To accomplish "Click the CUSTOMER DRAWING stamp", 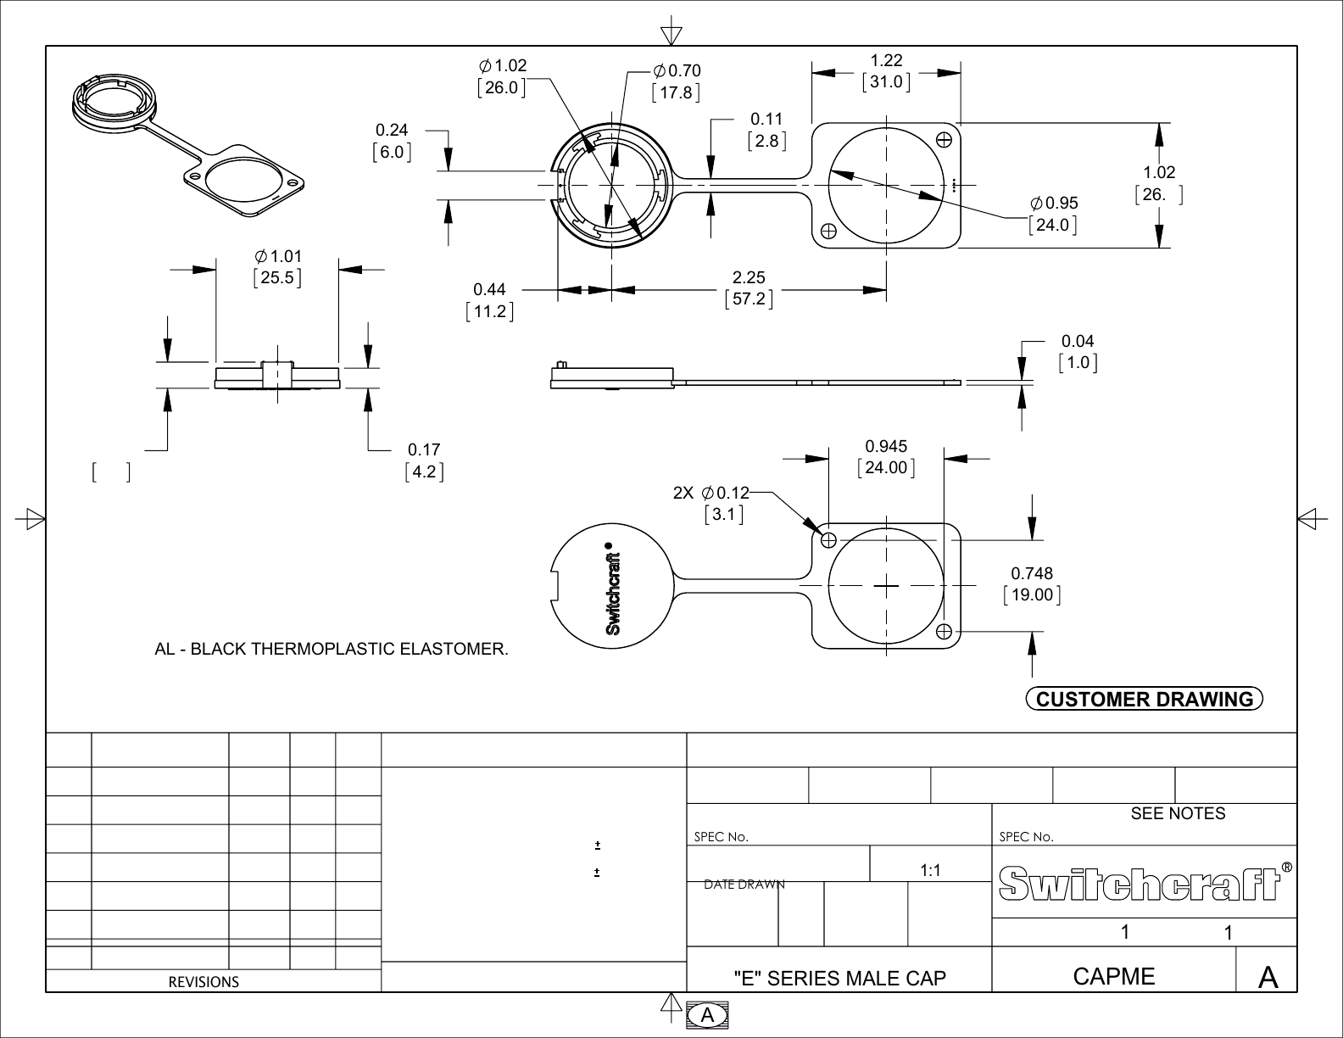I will [1144, 700].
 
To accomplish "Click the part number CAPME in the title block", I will [1113, 977].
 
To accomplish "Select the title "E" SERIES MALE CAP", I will [839, 979].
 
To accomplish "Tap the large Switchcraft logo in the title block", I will [1141, 884].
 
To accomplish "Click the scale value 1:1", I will [930, 871].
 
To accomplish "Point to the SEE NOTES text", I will [1178, 814].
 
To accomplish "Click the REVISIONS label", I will [203, 982].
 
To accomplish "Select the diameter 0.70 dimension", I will [677, 71].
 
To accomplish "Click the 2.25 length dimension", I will [749, 277].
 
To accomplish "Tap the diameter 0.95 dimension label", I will [1054, 204].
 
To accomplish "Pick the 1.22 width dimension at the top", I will [887, 60].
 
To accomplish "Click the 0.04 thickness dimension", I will [1078, 342].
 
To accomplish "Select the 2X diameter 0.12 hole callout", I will [711, 493].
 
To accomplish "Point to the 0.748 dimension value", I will [1031, 574].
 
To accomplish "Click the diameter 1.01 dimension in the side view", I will [277, 256].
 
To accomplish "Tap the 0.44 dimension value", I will [489, 291].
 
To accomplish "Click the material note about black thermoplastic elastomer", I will [332, 650].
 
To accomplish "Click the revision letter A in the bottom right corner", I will [1268, 978].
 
